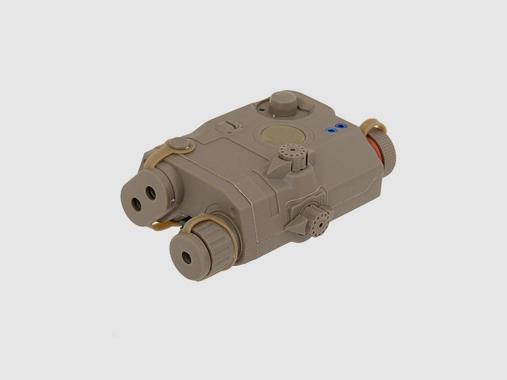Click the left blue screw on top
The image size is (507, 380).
coord(330,130)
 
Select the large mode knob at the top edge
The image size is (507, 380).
coord(281,102)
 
